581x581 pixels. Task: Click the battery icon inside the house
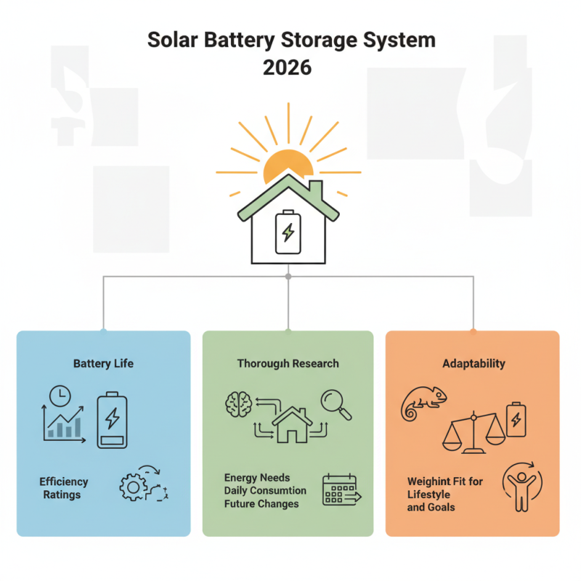(288, 232)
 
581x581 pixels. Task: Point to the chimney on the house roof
(317, 190)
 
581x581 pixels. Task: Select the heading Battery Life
(103, 362)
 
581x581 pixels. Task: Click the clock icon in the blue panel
(58, 396)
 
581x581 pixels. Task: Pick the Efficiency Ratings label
(64, 488)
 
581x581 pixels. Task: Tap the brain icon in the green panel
(237, 404)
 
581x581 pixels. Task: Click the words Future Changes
(261, 503)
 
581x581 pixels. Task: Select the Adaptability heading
(474, 362)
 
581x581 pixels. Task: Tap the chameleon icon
(424, 403)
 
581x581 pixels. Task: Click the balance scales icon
(474, 434)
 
